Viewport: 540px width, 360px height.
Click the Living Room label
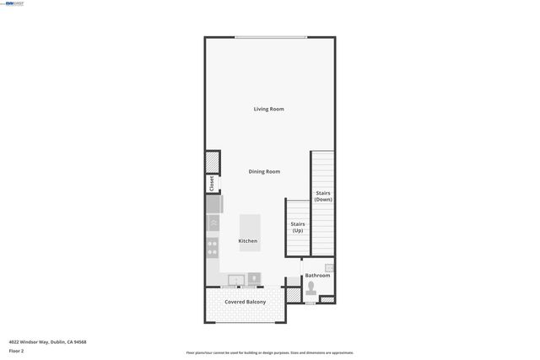click(269, 109)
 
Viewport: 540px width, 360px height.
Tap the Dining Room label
click(264, 171)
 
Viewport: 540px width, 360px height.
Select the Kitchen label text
click(248, 241)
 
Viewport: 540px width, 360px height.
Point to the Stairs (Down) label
click(323, 196)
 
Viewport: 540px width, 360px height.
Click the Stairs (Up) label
click(298, 227)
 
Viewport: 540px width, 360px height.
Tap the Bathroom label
click(317, 276)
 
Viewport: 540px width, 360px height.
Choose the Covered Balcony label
click(246, 302)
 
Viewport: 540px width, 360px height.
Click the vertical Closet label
click(212, 184)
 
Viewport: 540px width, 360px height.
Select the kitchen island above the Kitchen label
click(251, 225)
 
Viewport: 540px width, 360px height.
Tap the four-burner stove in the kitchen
click(213, 247)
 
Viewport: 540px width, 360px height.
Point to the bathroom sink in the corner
click(330, 268)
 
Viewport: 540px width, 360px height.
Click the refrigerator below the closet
click(214, 205)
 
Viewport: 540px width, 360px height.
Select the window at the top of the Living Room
click(270, 37)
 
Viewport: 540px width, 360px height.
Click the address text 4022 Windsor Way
click(48, 341)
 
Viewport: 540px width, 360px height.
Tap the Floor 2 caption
click(16, 350)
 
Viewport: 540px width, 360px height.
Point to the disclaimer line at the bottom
click(270, 353)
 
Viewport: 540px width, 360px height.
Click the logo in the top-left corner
click(14, 3)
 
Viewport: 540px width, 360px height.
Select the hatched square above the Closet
click(213, 162)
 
